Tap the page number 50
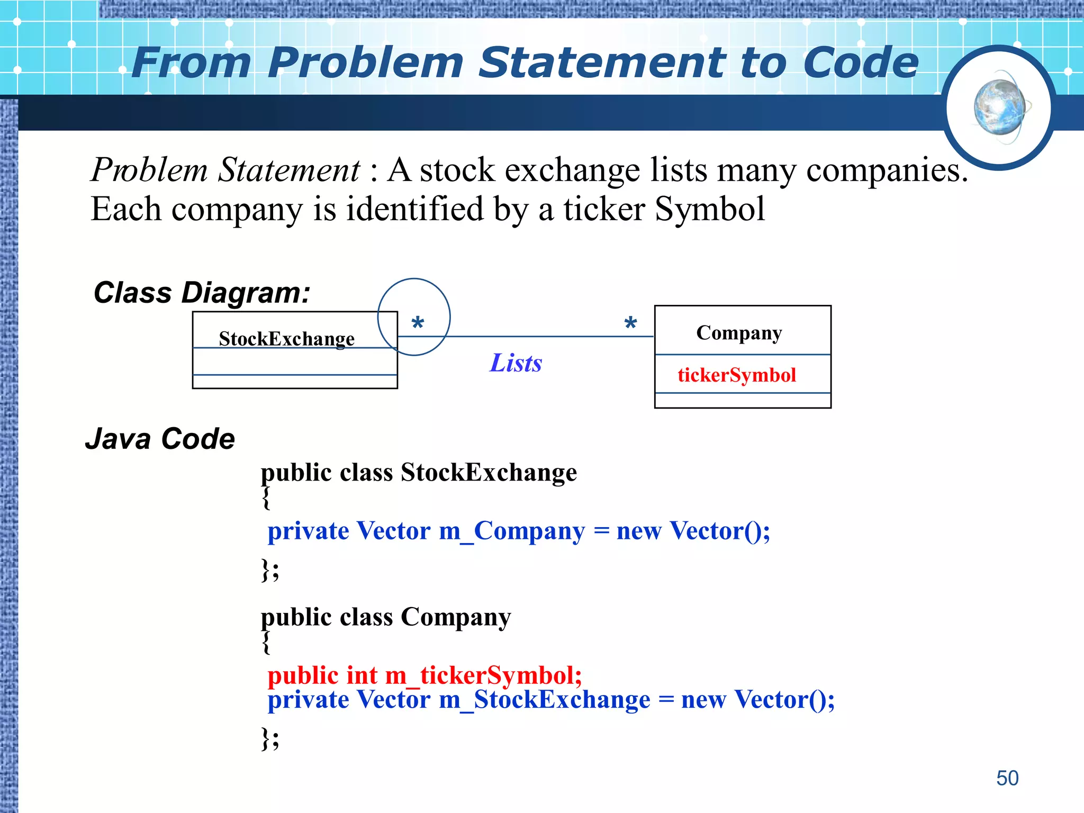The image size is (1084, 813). pos(1007,778)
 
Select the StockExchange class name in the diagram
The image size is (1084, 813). pos(286,339)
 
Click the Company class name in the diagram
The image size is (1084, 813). pos(739,333)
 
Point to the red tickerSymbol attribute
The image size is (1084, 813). pos(736,375)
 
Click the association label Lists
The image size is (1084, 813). pos(516,363)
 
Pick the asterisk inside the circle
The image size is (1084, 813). pos(418,322)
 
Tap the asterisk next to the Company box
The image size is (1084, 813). pos(630,322)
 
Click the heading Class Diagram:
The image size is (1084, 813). pos(202,293)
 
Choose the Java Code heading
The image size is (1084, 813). pos(160,439)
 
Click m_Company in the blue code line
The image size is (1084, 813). pos(512,531)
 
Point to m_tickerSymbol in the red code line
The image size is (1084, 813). pos(483,675)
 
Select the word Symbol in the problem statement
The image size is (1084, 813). pos(709,209)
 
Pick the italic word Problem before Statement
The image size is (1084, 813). pos(149,170)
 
